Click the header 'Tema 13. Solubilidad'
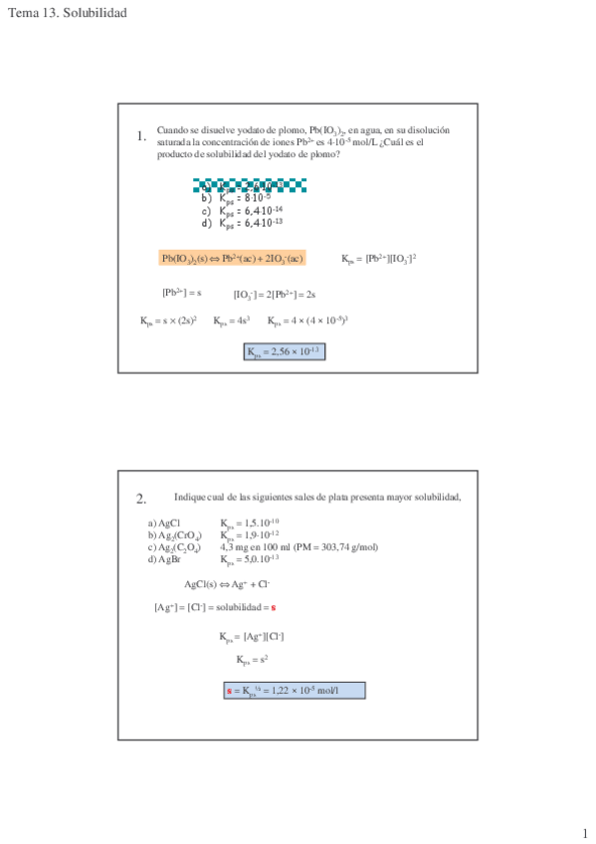(67, 12)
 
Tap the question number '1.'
(141, 136)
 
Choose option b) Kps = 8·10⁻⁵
(238, 197)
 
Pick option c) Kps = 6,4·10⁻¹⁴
(242, 210)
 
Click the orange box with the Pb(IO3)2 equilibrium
(232, 259)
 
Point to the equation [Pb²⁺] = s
(182, 293)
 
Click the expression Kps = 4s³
(231, 320)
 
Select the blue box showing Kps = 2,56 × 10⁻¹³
(285, 350)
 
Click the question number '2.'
(141, 499)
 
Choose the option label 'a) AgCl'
(163, 524)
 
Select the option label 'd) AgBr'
(164, 558)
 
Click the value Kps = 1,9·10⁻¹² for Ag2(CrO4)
(250, 535)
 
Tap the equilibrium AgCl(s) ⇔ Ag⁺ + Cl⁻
(227, 584)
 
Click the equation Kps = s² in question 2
(252, 659)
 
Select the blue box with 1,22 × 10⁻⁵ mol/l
(295, 690)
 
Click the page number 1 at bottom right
(585, 833)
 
